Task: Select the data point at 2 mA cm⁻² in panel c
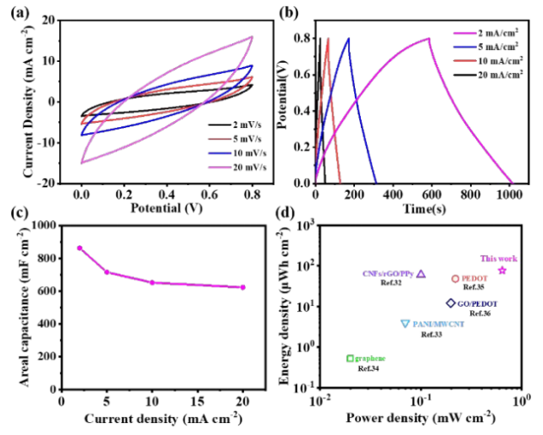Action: point(79,248)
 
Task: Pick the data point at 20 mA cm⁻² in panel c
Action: point(242,287)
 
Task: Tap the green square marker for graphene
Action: point(350,358)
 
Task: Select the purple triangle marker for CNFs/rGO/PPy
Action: point(421,274)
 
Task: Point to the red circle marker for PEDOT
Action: point(455,279)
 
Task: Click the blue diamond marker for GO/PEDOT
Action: point(450,303)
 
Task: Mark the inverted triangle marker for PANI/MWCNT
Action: point(405,324)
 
